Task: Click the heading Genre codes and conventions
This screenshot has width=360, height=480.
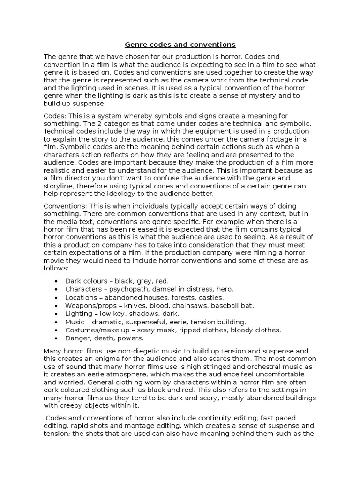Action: (180, 45)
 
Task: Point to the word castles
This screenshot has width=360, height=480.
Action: (211, 297)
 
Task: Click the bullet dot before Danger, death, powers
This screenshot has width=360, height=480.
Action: (56, 338)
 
